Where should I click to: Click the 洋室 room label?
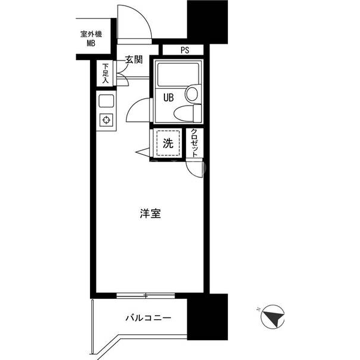pos(151,213)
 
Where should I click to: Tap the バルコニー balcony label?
pos(148,318)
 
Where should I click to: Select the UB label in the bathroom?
pos(169,98)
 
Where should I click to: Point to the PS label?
pos(185,50)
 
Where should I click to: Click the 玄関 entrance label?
pos(134,59)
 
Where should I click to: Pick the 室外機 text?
pos(91,34)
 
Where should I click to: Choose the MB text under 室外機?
pos(91,43)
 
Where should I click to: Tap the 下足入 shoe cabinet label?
pos(105,73)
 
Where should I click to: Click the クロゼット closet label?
pos(194,143)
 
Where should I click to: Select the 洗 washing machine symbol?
pos(168,143)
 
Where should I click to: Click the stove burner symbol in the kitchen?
pos(106,120)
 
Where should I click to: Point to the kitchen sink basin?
pos(106,101)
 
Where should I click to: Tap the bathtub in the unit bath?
pos(178,74)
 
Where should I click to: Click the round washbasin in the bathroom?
pos(192,94)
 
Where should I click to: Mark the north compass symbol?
pos(272,317)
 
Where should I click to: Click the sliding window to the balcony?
pos(146,296)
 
